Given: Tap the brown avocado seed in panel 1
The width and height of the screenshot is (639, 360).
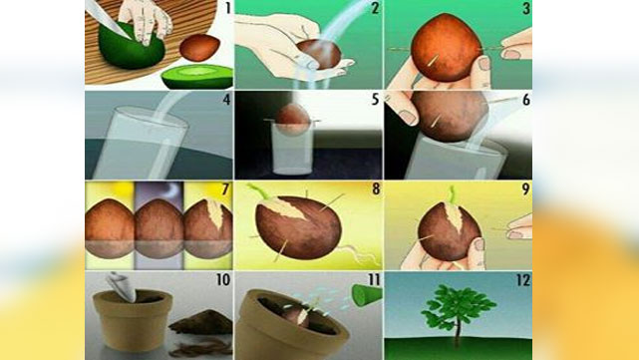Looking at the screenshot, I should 201,47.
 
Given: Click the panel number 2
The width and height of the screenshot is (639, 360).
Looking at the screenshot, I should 375,9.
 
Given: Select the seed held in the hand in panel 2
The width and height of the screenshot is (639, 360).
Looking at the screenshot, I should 317,54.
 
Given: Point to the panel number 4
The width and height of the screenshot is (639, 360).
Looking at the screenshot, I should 226,100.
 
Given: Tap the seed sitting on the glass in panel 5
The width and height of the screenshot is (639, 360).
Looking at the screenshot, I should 292,120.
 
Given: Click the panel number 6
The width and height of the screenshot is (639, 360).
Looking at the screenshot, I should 524,100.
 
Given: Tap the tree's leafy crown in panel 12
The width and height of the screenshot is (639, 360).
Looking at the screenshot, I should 460,308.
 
